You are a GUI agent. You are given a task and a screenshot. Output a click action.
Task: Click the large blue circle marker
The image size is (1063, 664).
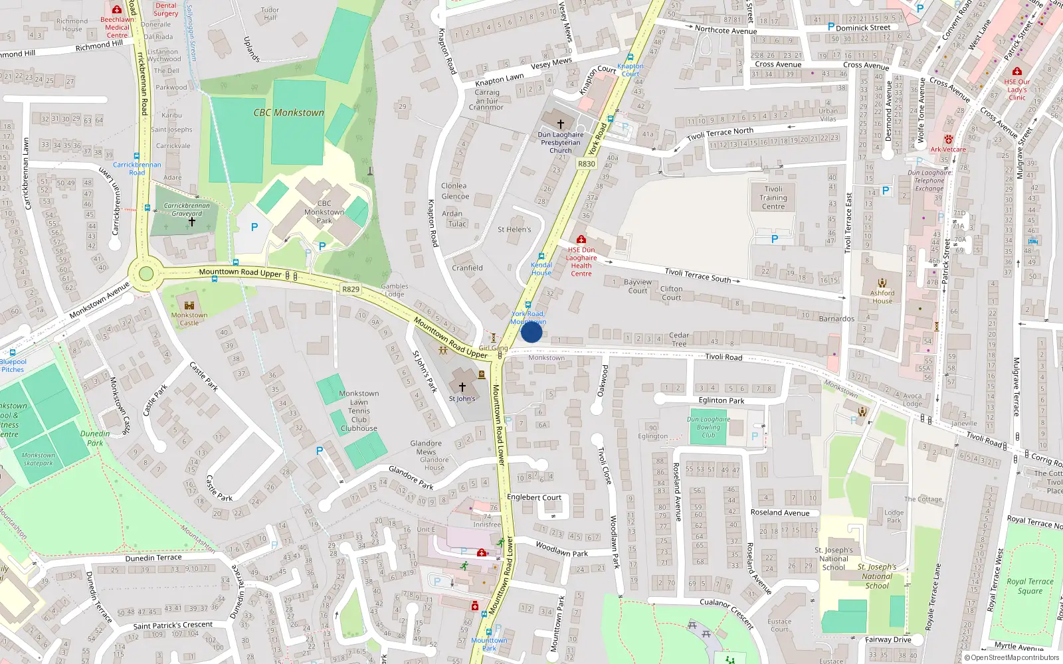click(531, 332)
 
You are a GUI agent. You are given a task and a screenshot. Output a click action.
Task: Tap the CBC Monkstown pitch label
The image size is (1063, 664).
click(288, 113)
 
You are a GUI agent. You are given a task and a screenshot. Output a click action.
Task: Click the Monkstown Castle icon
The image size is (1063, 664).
click(189, 305)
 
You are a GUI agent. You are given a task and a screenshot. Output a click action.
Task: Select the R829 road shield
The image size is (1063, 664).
click(351, 290)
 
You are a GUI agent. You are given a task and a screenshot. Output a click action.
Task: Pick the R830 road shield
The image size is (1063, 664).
click(586, 164)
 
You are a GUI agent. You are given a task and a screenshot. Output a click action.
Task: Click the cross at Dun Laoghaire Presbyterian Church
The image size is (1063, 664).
click(561, 124)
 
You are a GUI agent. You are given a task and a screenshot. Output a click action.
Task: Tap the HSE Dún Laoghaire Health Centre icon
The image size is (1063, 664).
click(581, 239)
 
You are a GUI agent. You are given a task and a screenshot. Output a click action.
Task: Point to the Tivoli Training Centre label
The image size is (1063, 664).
click(773, 198)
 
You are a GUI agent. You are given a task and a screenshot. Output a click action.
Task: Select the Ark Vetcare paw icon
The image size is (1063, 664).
click(948, 140)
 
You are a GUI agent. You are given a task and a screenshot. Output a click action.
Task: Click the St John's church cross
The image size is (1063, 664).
click(462, 387)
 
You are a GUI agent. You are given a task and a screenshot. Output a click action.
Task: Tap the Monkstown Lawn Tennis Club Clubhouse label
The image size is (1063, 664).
click(359, 411)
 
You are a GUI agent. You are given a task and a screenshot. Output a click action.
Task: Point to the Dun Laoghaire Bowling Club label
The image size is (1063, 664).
click(708, 427)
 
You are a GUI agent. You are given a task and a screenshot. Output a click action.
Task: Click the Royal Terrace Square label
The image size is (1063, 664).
click(1030, 586)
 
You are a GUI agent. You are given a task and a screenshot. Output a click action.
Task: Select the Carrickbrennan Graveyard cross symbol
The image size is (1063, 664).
click(191, 222)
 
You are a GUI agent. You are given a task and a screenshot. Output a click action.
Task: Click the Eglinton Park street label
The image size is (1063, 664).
click(722, 400)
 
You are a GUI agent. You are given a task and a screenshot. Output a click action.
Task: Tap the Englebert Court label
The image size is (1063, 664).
click(534, 497)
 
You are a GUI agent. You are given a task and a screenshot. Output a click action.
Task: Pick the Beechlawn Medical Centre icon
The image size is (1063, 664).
click(117, 10)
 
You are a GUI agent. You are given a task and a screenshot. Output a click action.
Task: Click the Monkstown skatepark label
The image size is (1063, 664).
click(38, 459)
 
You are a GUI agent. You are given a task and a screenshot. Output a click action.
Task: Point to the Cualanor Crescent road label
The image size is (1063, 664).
click(727, 612)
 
